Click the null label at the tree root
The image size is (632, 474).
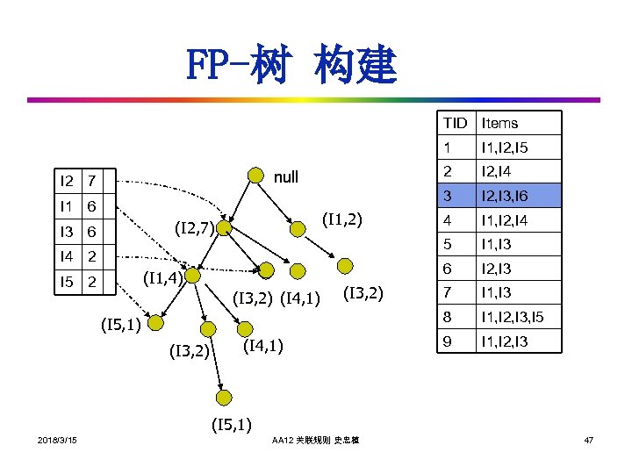(x=285, y=177)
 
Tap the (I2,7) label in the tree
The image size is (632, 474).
(x=195, y=230)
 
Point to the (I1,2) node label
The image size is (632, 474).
(x=343, y=218)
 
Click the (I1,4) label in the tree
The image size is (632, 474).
(x=162, y=279)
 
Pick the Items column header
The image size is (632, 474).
(x=500, y=124)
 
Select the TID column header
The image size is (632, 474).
(x=456, y=124)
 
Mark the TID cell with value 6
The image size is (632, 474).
(x=449, y=269)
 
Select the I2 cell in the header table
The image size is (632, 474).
(x=67, y=182)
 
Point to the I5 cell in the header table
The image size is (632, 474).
(x=67, y=282)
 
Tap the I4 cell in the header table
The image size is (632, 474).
(x=67, y=257)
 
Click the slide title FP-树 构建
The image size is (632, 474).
(x=291, y=66)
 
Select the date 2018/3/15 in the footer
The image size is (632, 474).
(x=57, y=440)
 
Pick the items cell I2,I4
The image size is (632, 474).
(x=497, y=171)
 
